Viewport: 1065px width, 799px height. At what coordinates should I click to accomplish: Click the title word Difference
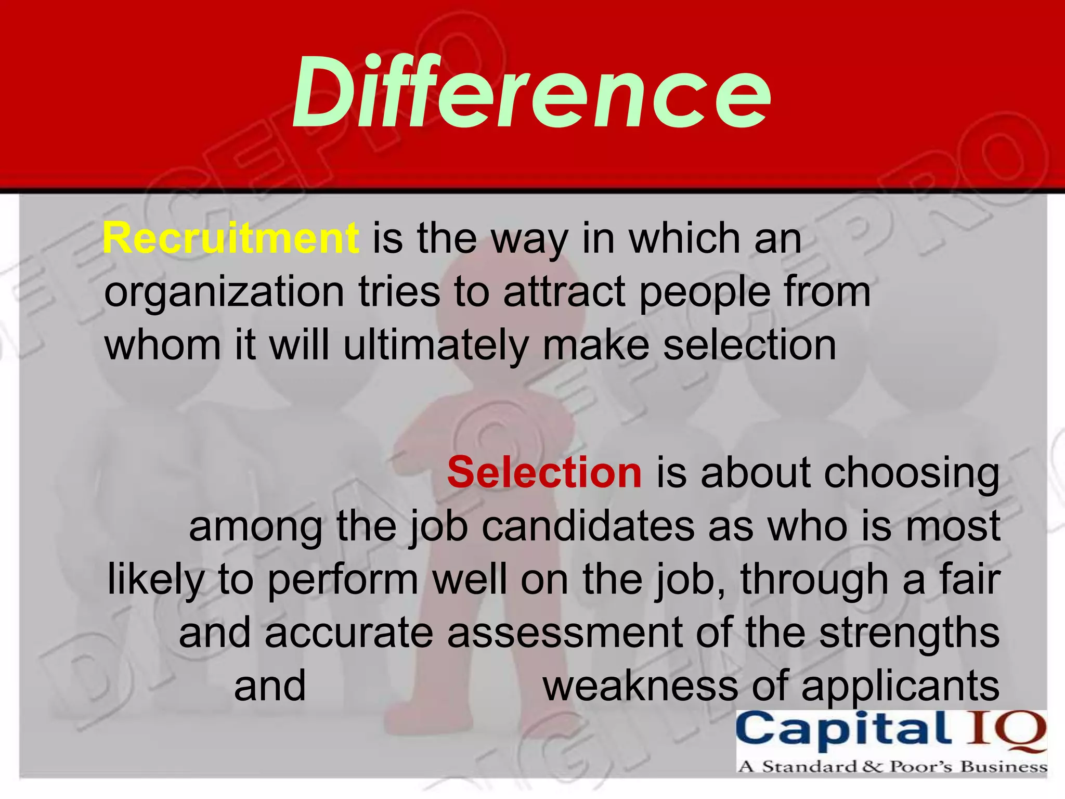531,93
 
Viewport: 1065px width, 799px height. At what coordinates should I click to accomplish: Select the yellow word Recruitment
231,238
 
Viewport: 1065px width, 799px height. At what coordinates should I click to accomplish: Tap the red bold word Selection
544,472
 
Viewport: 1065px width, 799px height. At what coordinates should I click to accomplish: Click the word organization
224,292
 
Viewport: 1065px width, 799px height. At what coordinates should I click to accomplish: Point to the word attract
564,292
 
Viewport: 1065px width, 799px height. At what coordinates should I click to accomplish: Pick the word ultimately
436,345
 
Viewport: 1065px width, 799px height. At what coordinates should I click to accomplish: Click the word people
704,292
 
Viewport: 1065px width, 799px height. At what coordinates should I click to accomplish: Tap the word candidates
588,526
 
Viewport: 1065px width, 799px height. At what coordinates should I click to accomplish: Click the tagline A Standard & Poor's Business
891,767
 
